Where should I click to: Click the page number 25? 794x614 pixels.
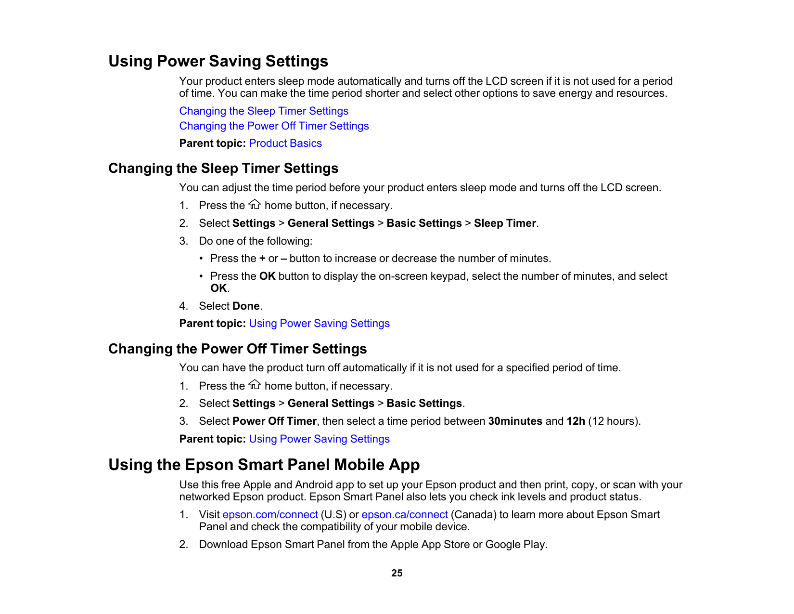click(x=397, y=573)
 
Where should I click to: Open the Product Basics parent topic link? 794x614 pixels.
click(x=285, y=144)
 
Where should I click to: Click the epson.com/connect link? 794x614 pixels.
click(x=270, y=515)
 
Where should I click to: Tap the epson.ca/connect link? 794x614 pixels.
click(x=404, y=515)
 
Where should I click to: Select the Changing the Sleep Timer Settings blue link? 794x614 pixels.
click(x=264, y=111)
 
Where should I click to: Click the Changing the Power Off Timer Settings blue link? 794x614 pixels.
click(x=274, y=126)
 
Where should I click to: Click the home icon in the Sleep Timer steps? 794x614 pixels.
click(x=255, y=205)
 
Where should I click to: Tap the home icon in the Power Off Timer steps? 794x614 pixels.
click(x=255, y=385)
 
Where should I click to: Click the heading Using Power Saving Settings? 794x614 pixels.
click(x=218, y=61)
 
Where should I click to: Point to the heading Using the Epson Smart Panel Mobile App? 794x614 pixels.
click(x=264, y=465)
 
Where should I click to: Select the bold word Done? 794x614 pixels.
click(x=246, y=306)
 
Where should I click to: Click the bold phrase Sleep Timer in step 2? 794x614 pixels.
click(x=505, y=223)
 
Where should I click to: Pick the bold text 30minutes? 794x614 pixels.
click(x=515, y=421)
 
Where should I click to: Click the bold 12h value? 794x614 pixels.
click(x=576, y=421)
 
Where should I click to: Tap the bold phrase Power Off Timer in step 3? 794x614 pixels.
click(x=274, y=421)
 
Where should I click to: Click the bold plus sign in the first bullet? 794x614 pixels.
click(x=262, y=259)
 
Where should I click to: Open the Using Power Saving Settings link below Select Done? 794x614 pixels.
click(x=319, y=324)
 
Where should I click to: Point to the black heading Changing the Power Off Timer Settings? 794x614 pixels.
click(x=237, y=349)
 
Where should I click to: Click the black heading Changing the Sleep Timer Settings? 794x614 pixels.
click(x=223, y=168)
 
